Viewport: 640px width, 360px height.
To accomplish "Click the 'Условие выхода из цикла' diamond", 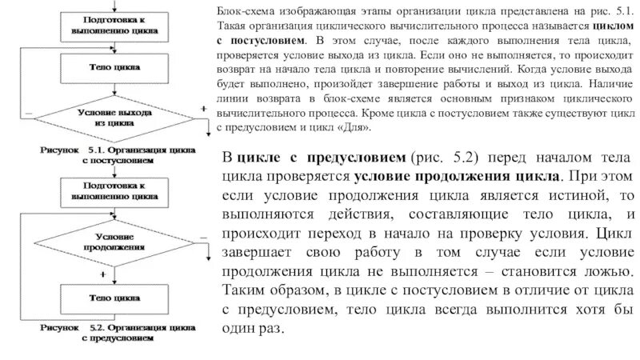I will [x=116, y=119].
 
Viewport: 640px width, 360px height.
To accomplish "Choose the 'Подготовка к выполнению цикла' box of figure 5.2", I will [x=116, y=189].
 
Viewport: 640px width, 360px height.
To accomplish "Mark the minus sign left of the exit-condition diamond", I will [x=29, y=114].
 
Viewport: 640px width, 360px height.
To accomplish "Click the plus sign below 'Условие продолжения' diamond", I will [x=104, y=274].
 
